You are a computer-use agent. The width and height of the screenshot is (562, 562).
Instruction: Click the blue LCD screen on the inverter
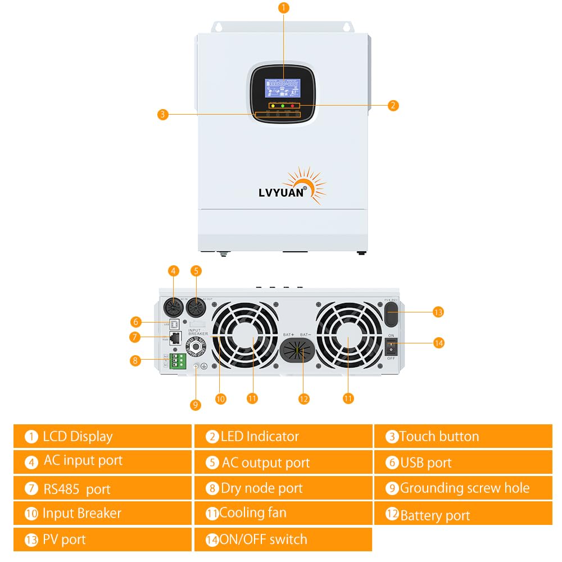pos(283,89)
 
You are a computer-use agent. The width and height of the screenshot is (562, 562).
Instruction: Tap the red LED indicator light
pos(293,106)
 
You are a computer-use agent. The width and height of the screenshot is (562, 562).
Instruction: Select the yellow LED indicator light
pos(273,106)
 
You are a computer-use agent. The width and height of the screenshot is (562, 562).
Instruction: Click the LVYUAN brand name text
pos(281,192)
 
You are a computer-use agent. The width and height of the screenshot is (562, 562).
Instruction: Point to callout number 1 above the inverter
pos(283,8)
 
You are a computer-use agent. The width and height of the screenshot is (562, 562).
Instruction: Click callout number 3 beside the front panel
pos(162,115)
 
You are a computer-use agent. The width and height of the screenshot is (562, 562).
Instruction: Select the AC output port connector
pos(196,308)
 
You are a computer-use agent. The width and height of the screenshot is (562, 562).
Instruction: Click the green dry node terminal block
pos(178,360)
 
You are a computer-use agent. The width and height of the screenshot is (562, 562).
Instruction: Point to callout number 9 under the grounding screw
pos(196,405)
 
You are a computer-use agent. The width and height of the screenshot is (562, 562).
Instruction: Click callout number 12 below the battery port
pos(303,398)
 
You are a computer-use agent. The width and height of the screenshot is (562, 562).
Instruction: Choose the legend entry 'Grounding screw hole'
pos(463,488)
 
